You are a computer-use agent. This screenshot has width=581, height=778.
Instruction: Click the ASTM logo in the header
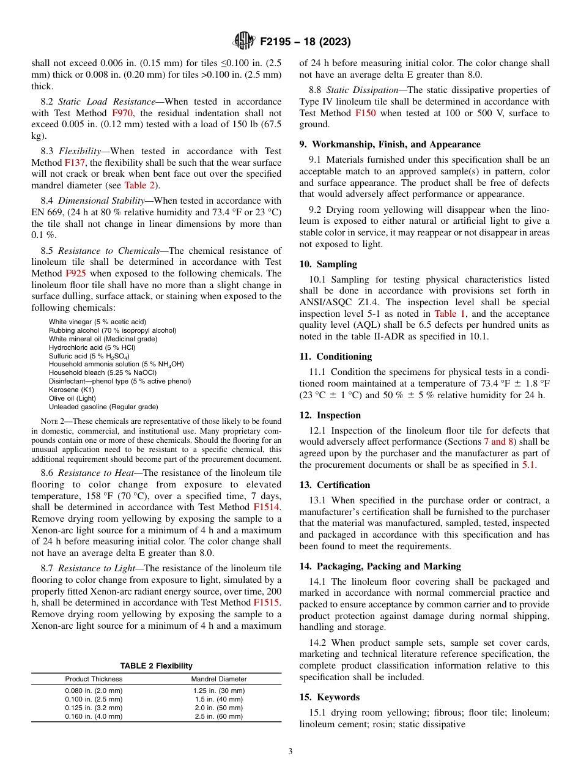point(245,42)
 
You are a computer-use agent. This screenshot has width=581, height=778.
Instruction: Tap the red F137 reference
point(72,163)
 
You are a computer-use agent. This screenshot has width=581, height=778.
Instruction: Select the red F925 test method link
point(76,273)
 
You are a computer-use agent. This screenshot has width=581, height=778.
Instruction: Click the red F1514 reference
point(267,507)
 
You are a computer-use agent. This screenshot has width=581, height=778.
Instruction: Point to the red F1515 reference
point(267,602)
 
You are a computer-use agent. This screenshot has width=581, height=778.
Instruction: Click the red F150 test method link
point(365,113)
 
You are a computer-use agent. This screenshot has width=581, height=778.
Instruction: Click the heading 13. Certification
point(335,485)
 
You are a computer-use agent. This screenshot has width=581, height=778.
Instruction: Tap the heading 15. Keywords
point(329,697)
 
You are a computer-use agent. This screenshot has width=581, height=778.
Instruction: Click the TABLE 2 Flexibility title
point(156,666)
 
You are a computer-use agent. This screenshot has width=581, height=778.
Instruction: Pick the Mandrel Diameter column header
point(219,679)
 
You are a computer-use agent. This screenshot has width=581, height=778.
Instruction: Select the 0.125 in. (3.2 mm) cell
point(94,708)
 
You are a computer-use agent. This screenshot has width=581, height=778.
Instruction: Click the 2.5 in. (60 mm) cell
point(219,716)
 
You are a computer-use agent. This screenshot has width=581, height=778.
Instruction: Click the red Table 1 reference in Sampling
point(450,313)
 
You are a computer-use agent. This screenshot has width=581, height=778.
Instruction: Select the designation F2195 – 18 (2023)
point(305,42)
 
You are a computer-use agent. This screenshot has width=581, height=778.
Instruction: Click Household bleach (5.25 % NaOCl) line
point(103,372)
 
